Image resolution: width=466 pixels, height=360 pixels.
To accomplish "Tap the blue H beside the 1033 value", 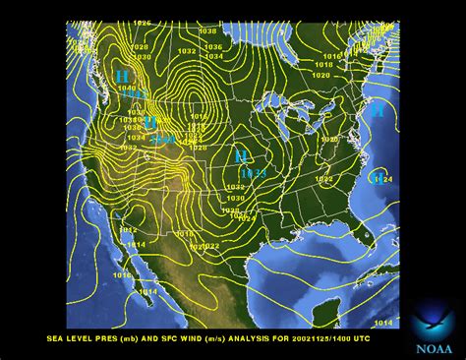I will [240, 156].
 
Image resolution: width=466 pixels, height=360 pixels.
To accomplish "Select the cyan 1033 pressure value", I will [254, 174].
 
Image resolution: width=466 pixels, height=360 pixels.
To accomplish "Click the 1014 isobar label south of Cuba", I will [382, 323].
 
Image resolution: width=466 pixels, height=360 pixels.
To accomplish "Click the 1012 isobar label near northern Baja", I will [128, 230].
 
